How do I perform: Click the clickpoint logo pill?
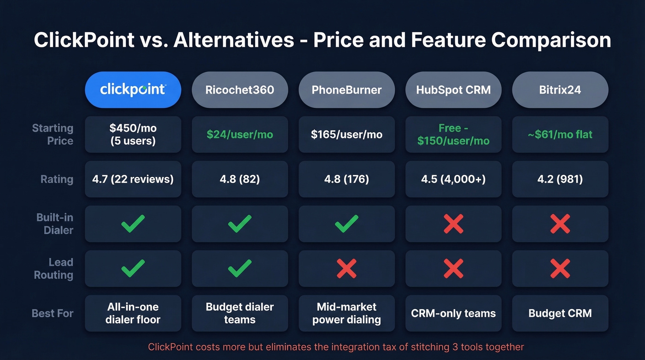133,89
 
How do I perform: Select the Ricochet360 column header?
240,89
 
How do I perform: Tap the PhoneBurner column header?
346,89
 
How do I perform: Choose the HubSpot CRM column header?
453,89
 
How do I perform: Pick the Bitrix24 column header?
560,89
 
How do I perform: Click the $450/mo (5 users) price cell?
133,135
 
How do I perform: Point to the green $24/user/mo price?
240,135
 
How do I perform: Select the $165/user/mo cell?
346,135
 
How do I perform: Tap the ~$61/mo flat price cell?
560,135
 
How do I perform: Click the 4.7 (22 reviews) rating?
133,179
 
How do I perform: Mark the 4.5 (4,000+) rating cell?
453,179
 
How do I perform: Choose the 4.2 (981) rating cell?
560,179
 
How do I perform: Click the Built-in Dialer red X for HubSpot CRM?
453,224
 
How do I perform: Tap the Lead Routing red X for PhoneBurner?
346,268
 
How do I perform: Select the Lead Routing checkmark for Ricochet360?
240,268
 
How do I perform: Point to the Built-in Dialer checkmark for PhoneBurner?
346,224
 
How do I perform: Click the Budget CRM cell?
560,313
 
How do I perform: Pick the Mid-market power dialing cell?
346,313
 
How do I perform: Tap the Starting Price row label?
53,135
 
